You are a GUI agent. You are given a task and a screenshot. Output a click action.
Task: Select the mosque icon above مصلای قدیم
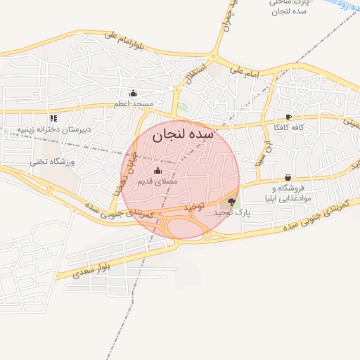(x=157, y=171)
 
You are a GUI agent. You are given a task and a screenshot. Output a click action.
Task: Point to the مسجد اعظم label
(x=134, y=104)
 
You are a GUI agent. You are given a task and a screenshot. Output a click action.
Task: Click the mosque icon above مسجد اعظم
(x=133, y=94)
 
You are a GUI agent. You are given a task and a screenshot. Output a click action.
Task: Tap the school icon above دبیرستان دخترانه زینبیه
(x=53, y=118)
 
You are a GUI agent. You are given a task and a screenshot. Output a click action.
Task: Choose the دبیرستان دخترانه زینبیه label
(x=53, y=130)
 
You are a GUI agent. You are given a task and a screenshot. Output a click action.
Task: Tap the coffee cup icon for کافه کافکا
(x=288, y=117)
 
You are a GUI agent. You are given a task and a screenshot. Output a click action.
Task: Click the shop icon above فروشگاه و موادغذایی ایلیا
(x=288, y=178)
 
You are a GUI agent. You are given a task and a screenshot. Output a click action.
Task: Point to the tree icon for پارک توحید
(x=233, y=202)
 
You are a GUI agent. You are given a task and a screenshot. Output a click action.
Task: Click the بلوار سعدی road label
(x=91, y=270)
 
